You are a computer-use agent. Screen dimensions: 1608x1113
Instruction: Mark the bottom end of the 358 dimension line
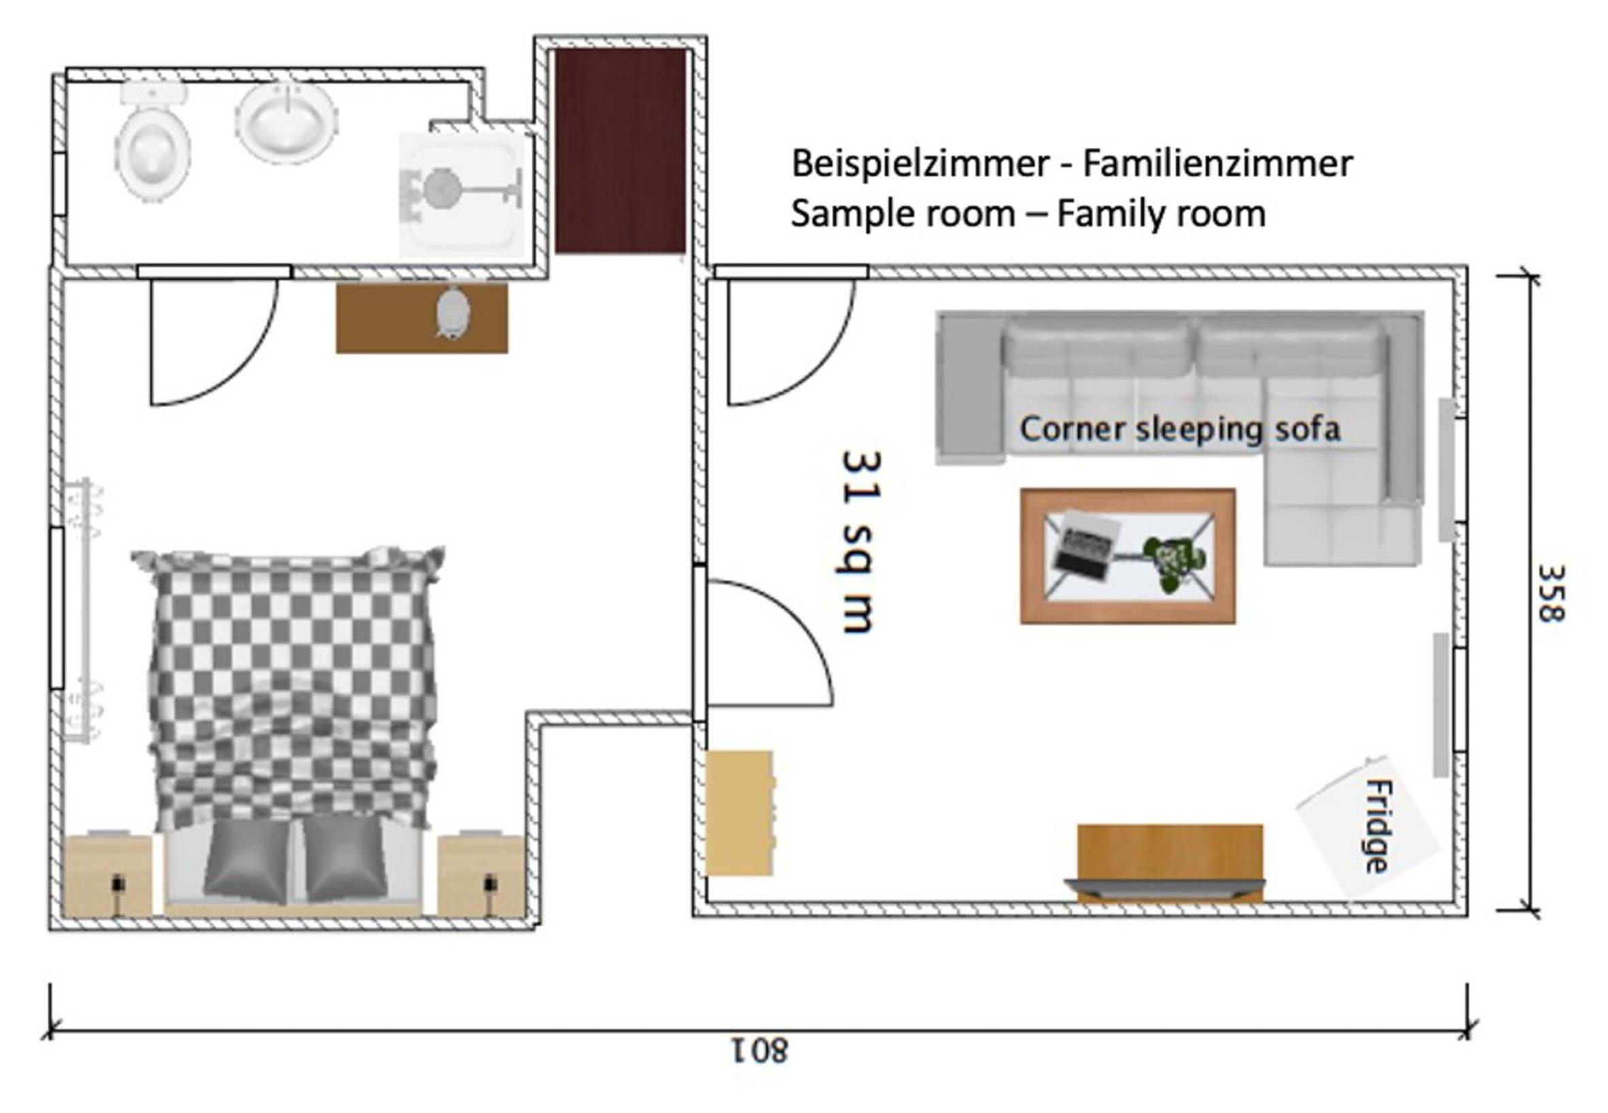coord(1530,911)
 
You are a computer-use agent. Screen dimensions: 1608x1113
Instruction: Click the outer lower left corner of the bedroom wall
coord(50,930)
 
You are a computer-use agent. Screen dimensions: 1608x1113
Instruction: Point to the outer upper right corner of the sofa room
coord(1467,265)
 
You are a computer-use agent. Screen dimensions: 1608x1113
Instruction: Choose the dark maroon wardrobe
coord(620,150)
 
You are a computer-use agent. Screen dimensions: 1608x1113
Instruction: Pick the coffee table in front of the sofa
coord(1127,555)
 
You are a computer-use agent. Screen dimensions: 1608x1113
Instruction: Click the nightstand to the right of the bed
coord(481,875)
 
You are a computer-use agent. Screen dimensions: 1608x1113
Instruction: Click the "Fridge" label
coord(1376,826)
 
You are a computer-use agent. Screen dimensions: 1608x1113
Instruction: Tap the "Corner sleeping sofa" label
coord(1180,428)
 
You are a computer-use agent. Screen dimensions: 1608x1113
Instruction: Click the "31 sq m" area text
coord(862,542)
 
